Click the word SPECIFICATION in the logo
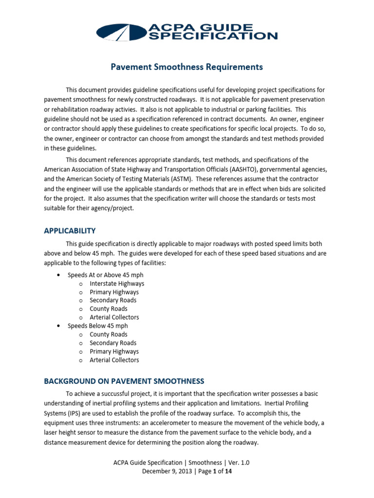point(219,36)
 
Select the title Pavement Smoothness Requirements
point(187,67)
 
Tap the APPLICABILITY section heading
point(70,231)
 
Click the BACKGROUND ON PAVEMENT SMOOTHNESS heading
point(124,381)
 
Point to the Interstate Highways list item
point(117,284)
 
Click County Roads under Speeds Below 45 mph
point(109,335)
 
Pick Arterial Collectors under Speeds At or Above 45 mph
point(114,318)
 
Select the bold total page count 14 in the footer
point(228,471)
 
